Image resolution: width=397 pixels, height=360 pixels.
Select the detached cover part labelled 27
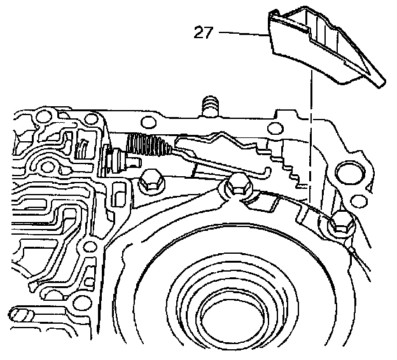tap(318, 48)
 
